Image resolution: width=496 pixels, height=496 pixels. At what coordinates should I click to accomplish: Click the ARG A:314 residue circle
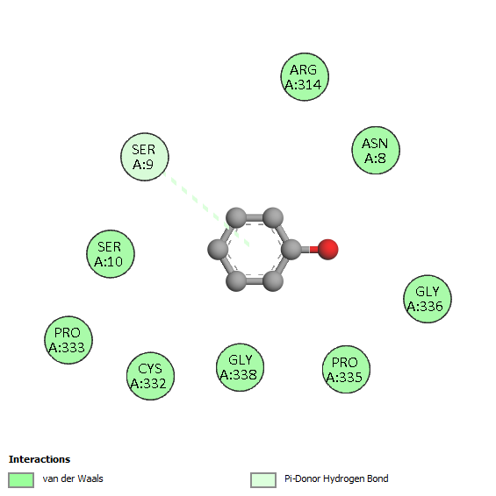pos(305,77)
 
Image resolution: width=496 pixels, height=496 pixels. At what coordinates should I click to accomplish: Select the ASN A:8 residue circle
pos(376,150)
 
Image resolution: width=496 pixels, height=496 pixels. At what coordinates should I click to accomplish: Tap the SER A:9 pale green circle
pos(145,157)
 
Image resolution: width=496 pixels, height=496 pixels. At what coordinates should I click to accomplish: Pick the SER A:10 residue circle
pos(111,253)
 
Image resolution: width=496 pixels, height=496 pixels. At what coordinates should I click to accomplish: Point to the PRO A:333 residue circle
pos(68,340)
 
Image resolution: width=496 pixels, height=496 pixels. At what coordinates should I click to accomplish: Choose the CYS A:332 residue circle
pos(150,376)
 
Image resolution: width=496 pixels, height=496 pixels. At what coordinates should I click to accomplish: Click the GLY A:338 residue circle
pos(240,367)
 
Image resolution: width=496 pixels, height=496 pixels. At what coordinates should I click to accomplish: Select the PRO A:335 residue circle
pos(346,369)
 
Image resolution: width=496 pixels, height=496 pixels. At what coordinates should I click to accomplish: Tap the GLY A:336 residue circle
pos(428,299)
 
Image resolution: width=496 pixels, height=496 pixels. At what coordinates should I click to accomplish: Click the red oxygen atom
pos(327,250)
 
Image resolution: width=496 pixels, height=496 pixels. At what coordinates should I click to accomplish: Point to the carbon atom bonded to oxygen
pos(291,250)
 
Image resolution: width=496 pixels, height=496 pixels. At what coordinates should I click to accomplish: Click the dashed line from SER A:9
pos(206,209)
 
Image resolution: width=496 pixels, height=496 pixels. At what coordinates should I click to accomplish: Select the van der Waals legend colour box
pos(21,480)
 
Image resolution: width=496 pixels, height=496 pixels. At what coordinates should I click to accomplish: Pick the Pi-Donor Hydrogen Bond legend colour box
pos(263,480)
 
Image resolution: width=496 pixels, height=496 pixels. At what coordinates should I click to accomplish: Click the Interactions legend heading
pos(40,459)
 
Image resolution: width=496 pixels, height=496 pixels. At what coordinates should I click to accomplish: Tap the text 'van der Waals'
pos(73,478)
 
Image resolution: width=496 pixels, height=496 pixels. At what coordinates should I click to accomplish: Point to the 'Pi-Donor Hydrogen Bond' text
pos(336,478)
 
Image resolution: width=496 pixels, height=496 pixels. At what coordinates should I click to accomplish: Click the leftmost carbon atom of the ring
pos(218,250)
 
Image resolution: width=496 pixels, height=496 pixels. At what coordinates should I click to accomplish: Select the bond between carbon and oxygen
pos(309,250)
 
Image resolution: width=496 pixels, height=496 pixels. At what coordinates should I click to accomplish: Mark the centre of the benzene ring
pos(255,250)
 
